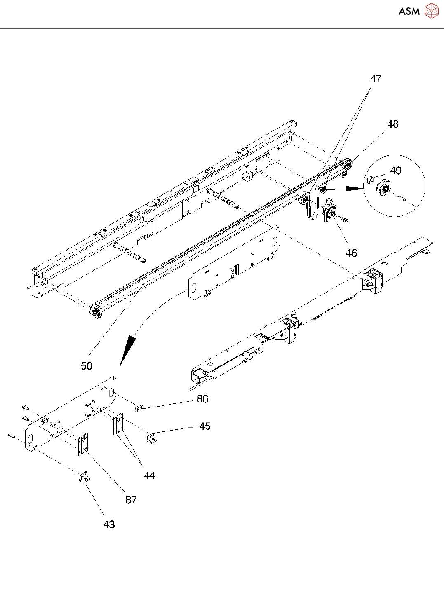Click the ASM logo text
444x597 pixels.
coord(409,12)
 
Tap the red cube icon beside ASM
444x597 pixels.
coord(431,11)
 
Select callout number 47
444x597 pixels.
coord(376,79)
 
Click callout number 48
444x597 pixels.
coord(393,124)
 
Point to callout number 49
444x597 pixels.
coord(396,171)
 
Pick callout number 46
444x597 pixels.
coord(351,253)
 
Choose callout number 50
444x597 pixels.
coord(87,366)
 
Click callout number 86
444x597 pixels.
coord(202,399)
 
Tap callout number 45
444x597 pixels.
coord(205,426)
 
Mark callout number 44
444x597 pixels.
coord(150,475)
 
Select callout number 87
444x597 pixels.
coord(131,500)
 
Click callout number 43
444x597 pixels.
coord(109,524)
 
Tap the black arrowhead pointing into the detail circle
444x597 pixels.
coord(354,189)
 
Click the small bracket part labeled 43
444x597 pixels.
coord(85,478)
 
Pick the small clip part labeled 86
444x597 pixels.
coord(139,408)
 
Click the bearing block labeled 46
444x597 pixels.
coord(331,211)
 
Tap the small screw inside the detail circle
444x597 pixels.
coord(403,199)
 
